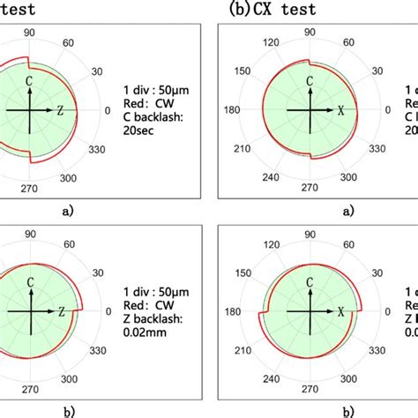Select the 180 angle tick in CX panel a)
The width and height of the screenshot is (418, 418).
click(230, 111)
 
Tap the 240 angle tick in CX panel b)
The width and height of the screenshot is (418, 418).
click(260, 382)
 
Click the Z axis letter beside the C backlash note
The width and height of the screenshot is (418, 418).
click(59, 111)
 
